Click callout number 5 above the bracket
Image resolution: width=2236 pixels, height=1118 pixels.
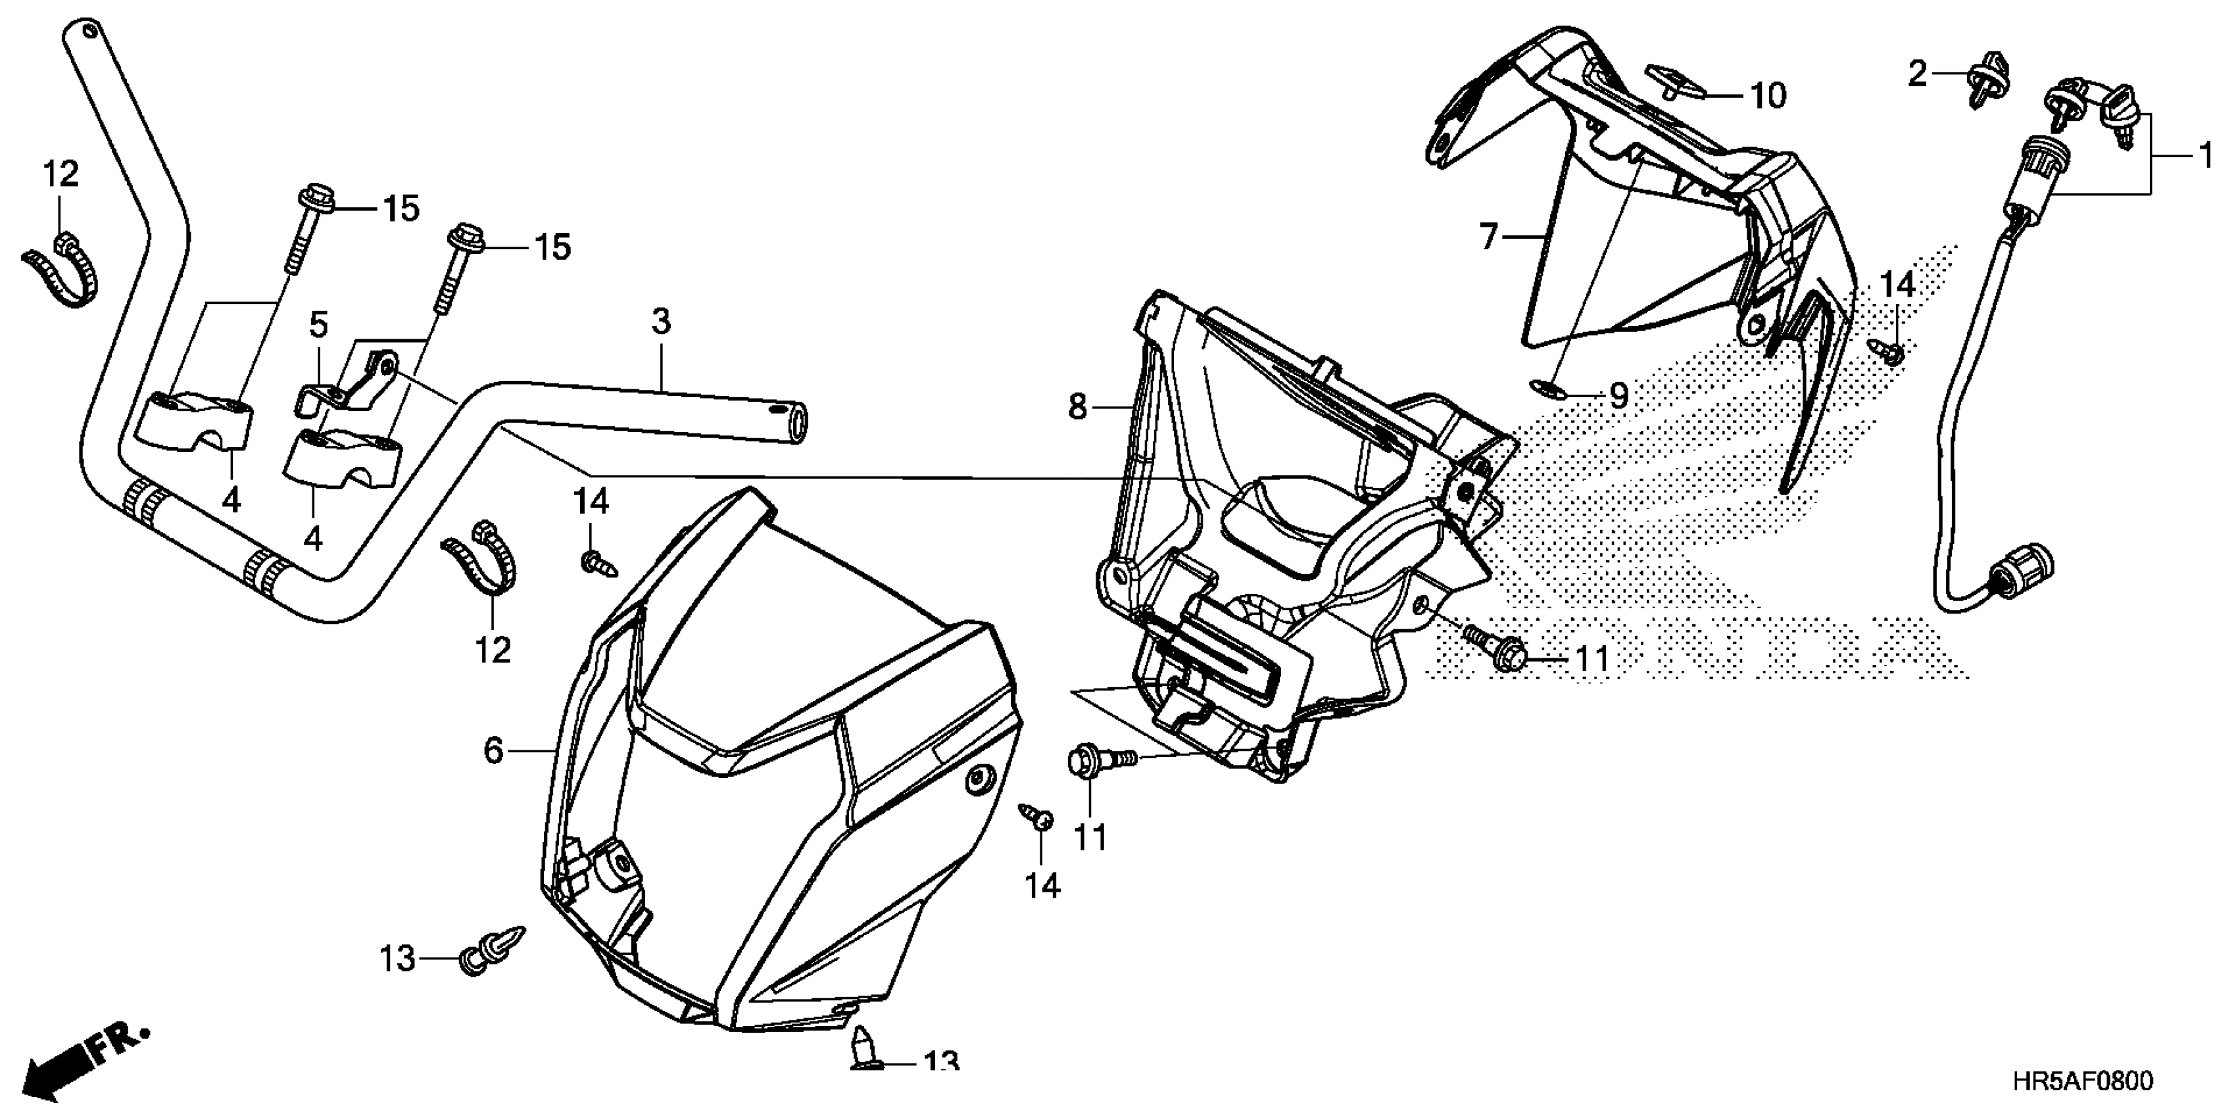[x=318, y=326]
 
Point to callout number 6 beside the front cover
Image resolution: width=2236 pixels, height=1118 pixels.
[x=493, y=750]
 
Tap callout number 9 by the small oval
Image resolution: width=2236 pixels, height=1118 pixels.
[x=1618, y=396]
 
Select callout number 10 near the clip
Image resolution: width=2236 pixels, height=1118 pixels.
[x=1767, y=95]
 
